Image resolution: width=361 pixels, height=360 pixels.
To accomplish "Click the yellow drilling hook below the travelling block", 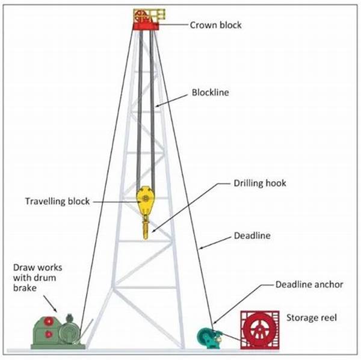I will (145, 229).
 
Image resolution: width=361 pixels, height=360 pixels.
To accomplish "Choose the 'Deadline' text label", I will (251, 236).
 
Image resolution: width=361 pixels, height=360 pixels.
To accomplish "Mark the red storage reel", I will (260, 330).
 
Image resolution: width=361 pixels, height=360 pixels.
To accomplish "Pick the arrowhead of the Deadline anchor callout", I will (212, 326).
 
